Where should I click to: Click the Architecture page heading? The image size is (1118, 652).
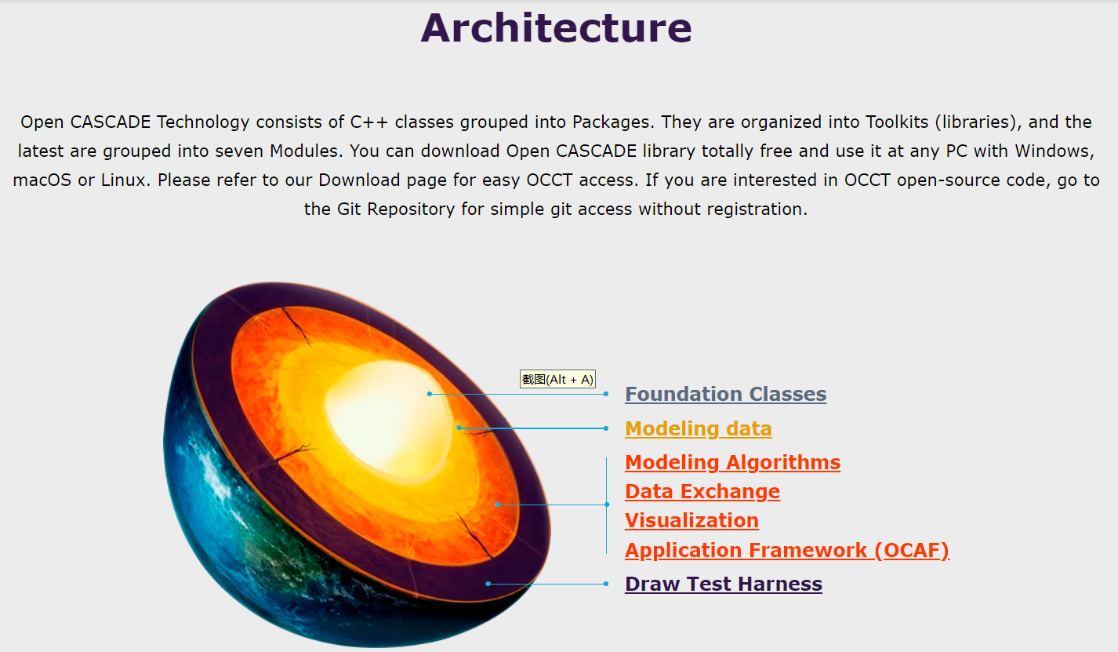556,28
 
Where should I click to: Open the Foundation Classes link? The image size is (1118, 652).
725,394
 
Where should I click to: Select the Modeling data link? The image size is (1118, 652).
698,428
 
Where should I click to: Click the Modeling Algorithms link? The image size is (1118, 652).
732,462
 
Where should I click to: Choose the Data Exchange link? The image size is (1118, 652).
702,491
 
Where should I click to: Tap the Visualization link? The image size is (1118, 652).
691,520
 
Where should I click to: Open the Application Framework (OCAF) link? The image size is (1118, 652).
786,550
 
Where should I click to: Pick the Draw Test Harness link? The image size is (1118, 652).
723,584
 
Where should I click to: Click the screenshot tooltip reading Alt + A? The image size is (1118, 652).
557,380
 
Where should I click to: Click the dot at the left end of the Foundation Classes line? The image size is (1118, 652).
430,394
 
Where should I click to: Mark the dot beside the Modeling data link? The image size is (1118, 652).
606,428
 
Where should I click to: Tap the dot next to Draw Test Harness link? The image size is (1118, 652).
606,584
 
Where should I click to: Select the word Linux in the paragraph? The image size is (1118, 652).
125,180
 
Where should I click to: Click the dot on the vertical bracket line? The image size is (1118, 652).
607,504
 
